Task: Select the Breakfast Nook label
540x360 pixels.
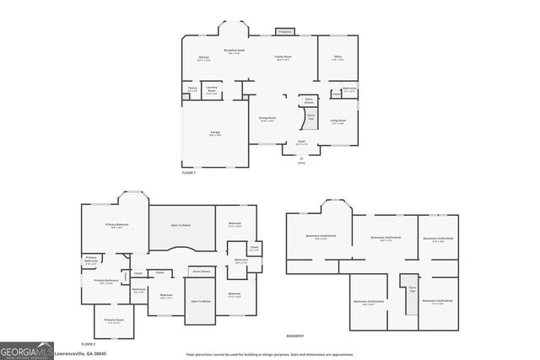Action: coord(234,51)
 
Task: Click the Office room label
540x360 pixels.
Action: coord(337,59)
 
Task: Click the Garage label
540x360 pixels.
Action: coord(215,134)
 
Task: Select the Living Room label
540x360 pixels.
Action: coord(337,122)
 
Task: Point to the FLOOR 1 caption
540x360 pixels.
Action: coord(188,173)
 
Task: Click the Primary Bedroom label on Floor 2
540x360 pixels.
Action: coord(116,225)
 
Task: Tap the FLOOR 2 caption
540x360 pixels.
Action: coord(88,344)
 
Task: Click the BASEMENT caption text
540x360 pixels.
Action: coord(294,336)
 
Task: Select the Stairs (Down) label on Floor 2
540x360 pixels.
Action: coord(201,271)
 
